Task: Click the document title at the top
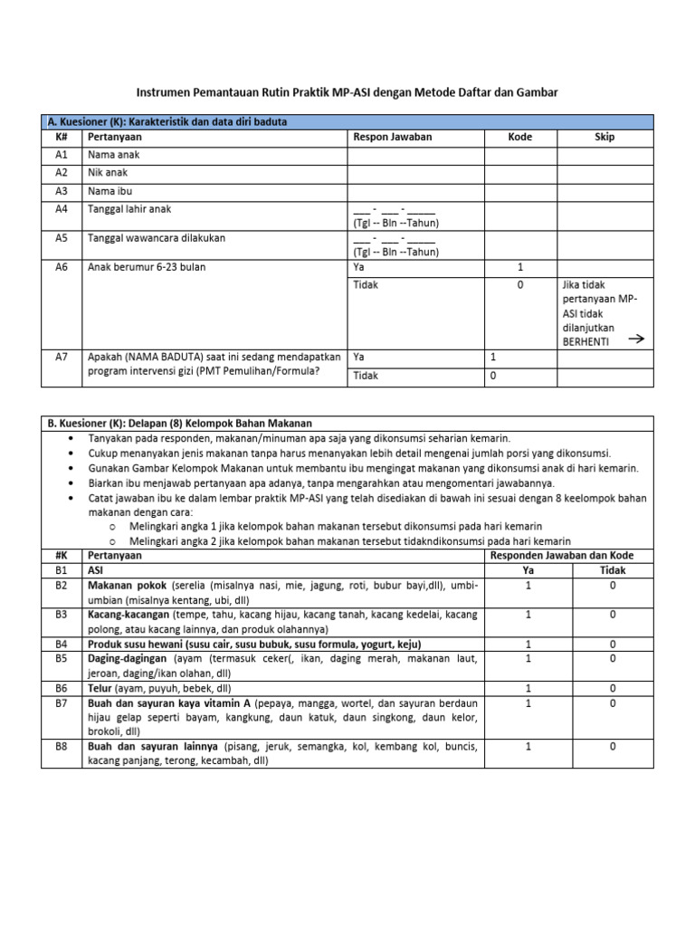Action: coord(347,93)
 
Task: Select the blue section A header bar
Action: coord(347,121)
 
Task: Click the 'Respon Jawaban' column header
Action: coord(392,138)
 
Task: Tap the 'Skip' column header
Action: coord(604,138)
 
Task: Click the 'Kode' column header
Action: coord(520,138)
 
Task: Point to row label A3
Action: coord(62,191)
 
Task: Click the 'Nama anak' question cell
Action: coord(113,155)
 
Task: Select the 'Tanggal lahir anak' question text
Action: coord(129,209)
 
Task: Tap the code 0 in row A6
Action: coord(520,285)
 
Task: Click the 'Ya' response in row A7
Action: coord(359,358)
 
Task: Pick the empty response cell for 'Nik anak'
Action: coord(415,173)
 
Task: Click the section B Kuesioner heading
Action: coord(179,423)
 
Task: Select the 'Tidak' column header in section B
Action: coord(613,570)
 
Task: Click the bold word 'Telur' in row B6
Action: coord(100,689)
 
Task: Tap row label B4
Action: coord(62,644)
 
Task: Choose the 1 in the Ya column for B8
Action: coord(528,747)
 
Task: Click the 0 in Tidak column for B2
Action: coord(613,586)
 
